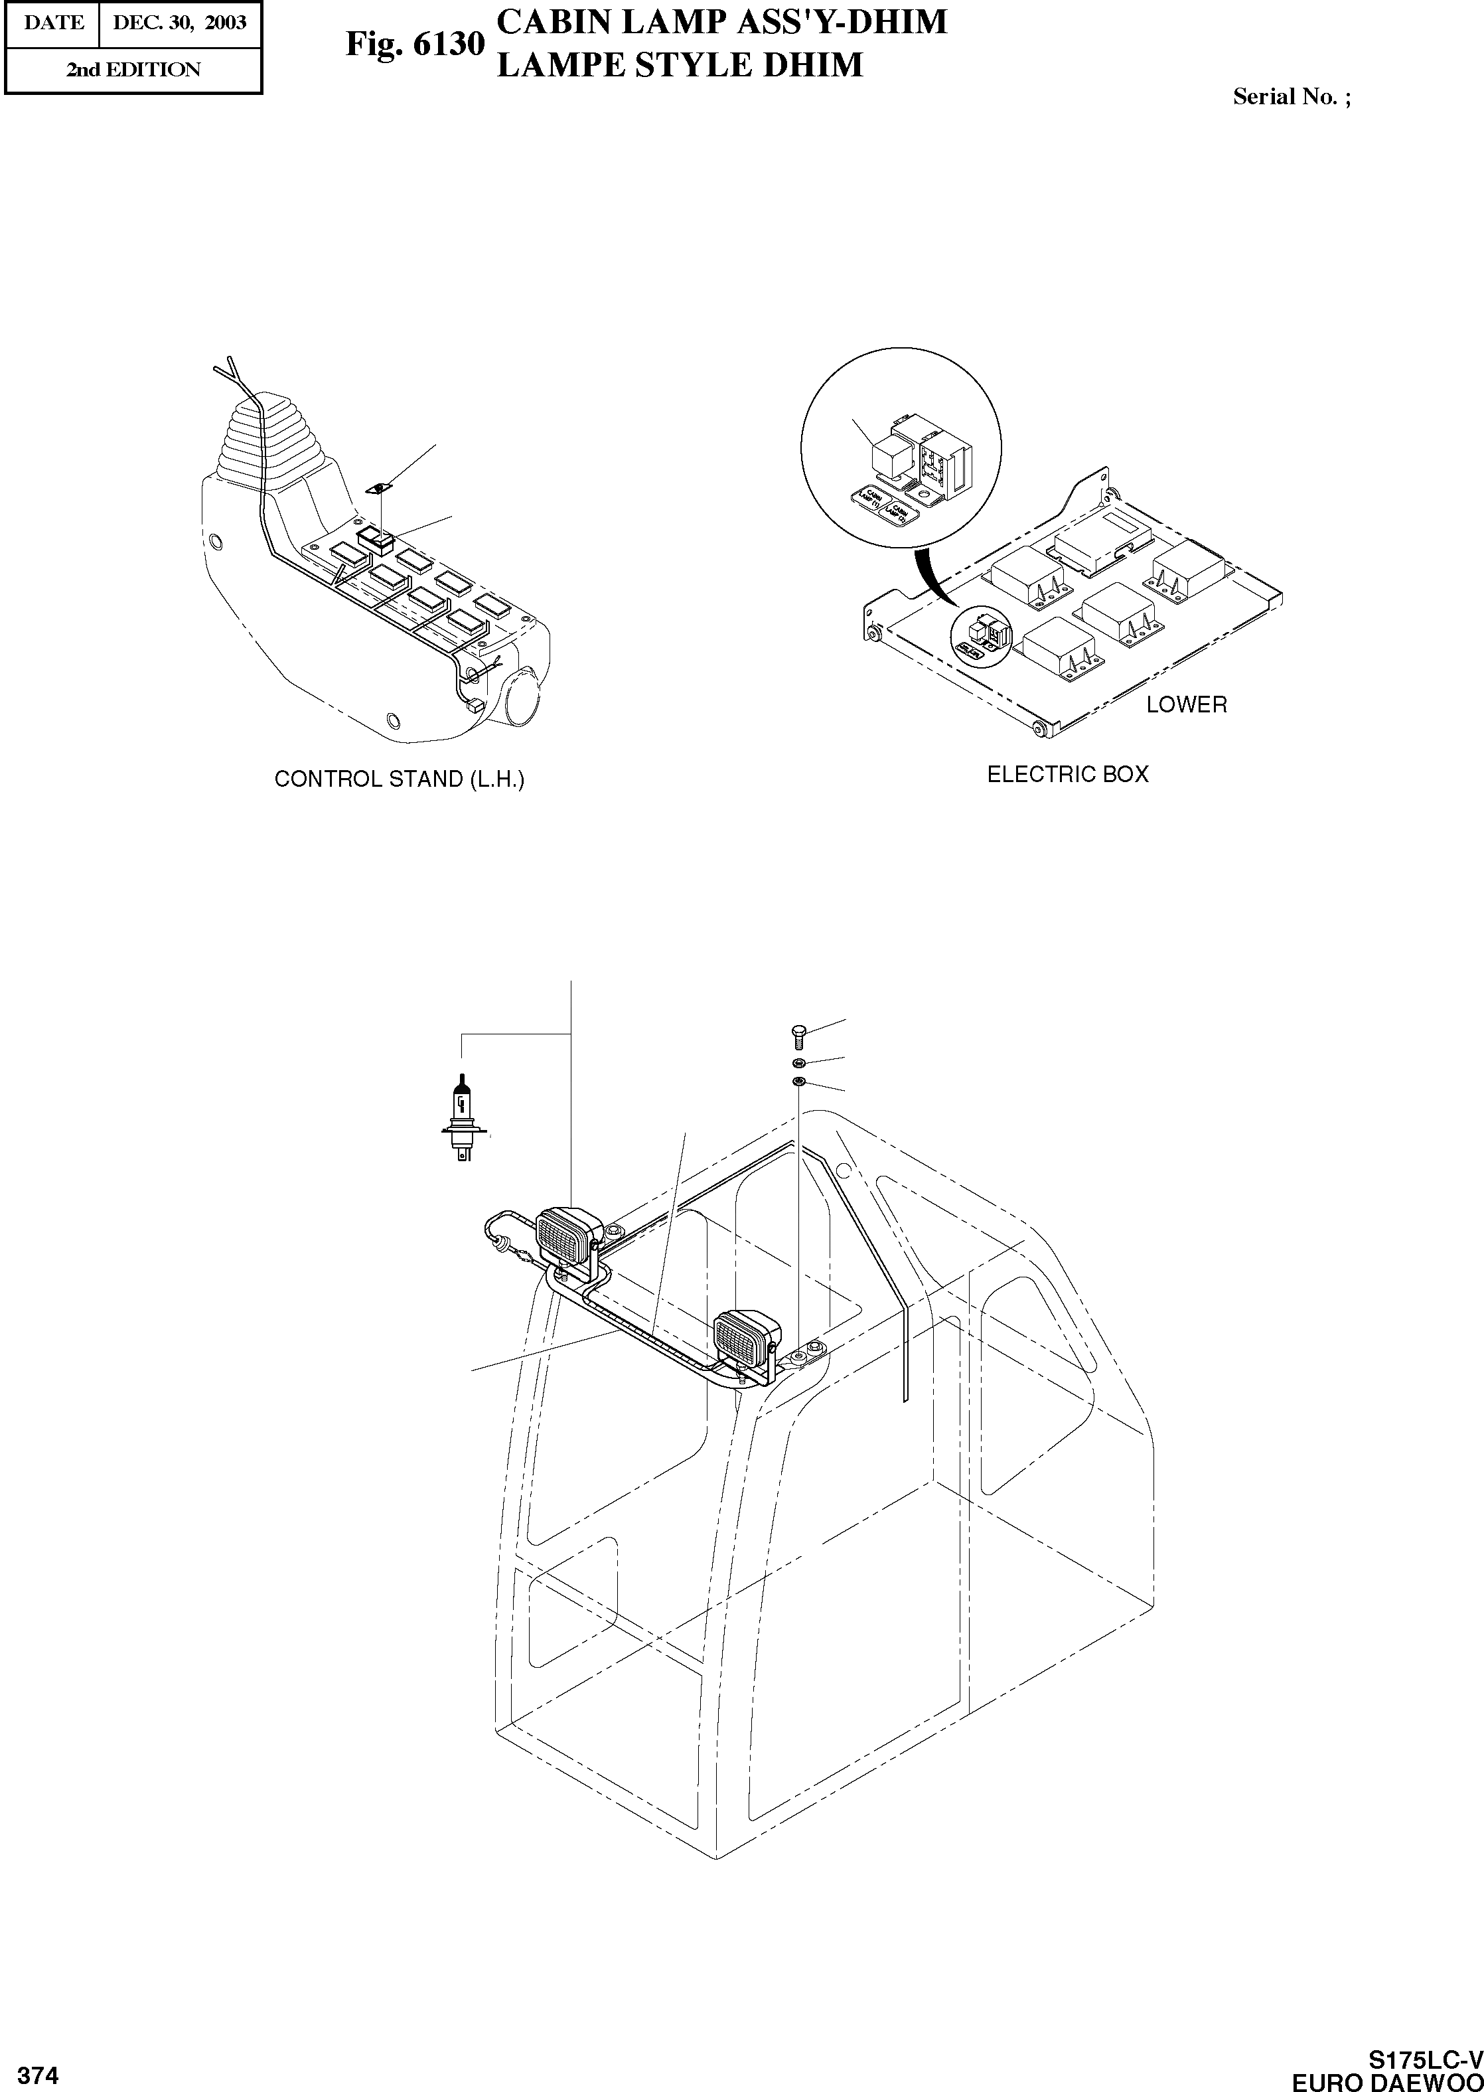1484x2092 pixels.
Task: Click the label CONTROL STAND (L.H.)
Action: (x=400, y=779)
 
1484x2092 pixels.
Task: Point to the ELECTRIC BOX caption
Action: (x=1067, y=774)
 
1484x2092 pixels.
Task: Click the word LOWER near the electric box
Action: (x=1186, y=704)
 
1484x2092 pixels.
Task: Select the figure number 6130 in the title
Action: (x=448, y=43)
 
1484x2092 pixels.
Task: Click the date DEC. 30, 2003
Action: (x=179, y=23)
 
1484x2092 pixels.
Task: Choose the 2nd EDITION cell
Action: (x=133, y=70)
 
